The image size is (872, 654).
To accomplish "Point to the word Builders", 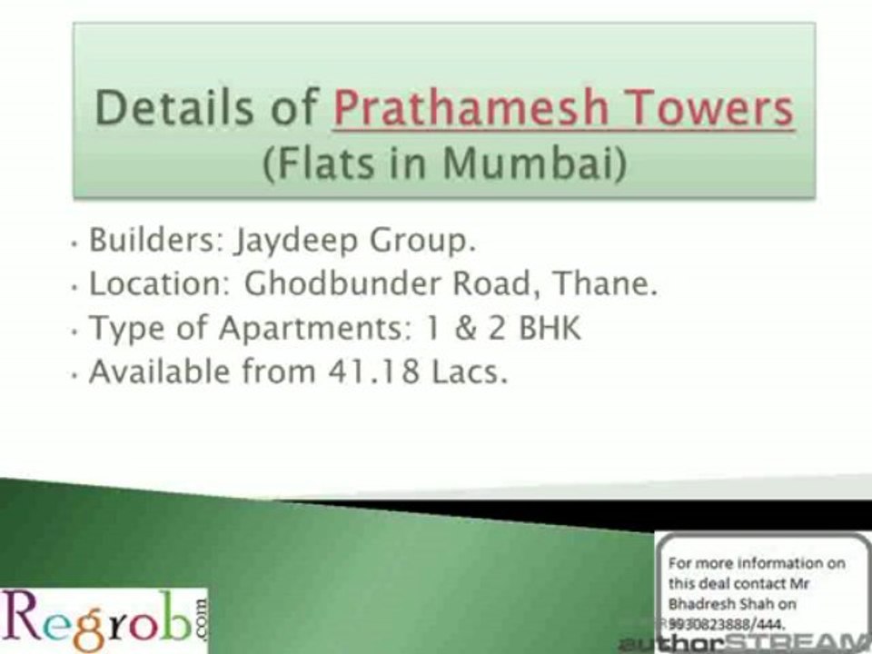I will tap(154, 242).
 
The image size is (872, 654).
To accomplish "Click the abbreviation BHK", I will tap(549, 327).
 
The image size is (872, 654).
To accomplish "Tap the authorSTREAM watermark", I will tap(745, 643).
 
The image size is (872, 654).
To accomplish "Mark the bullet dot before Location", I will tap(74, 287).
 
